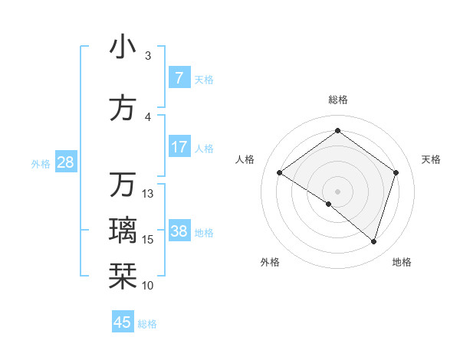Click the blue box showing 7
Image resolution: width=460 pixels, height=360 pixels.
[179, 77]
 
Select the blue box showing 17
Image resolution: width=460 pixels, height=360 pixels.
[179, 147]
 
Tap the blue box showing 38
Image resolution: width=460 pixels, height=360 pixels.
[179, 231]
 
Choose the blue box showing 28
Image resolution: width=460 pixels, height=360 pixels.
[65, 162]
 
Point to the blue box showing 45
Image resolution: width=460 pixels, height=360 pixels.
[123, 322]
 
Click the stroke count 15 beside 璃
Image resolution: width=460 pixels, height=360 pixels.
[148, 240]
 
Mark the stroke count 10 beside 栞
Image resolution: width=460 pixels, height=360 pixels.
[148, 286]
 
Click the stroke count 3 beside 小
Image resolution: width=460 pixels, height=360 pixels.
[148, 56]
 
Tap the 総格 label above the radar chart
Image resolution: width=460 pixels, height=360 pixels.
[337, 100]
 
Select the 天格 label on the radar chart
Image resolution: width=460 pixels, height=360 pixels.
[431, 159]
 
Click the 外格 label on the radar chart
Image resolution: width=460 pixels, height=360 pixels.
[270, 262]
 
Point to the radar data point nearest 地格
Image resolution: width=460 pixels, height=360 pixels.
[373, 241]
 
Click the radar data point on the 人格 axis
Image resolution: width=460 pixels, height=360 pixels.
[280, 173]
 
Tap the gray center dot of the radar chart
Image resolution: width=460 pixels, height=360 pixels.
[337, 191]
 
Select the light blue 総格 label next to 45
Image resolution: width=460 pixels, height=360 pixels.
[147, 324]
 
